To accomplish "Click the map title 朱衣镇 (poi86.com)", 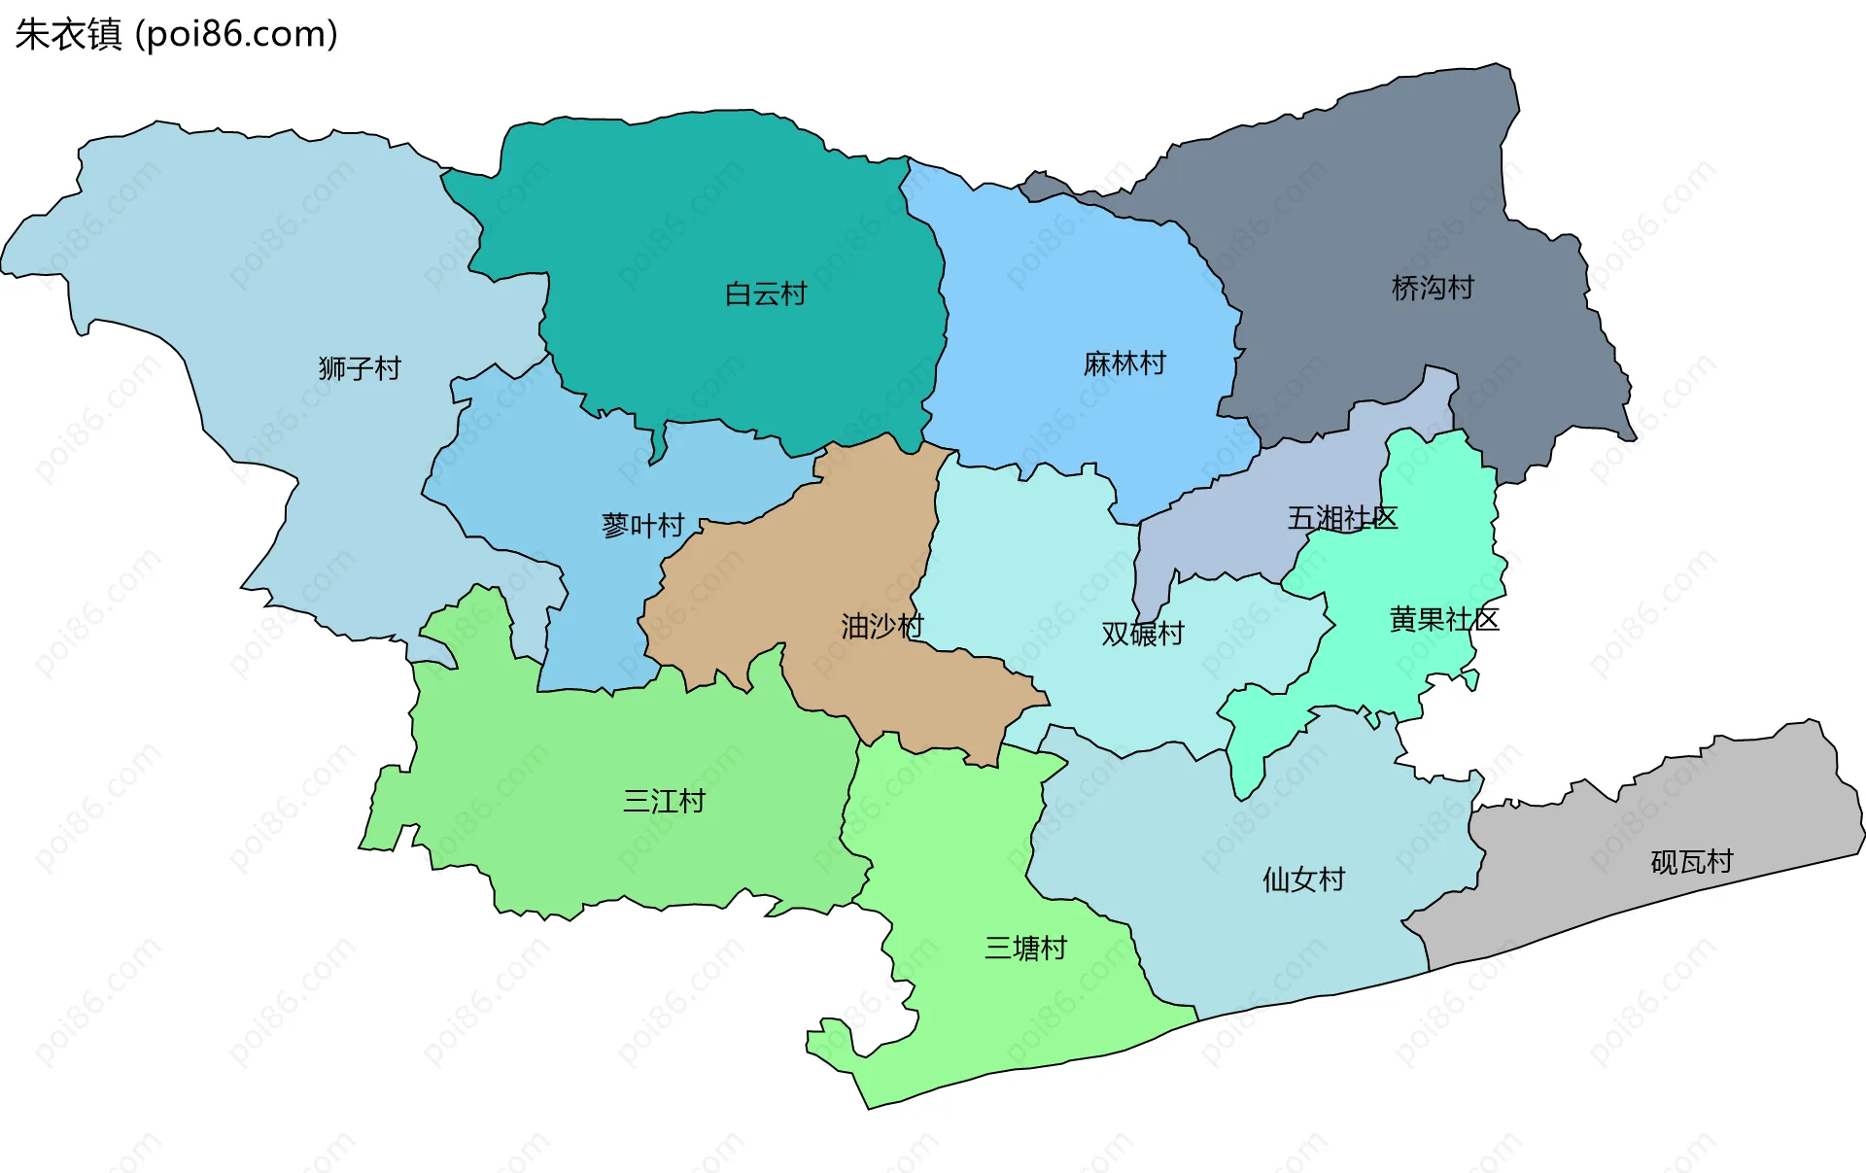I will (x=176, y=34).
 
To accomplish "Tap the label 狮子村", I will (x=360, y=368).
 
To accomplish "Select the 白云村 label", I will (x=766, y=293).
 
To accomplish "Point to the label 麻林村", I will (x=1124, y=363).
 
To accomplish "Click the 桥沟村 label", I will (x=1433, y=288).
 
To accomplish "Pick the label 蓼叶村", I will (x=643, y=526).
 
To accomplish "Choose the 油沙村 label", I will (x=882, y=627).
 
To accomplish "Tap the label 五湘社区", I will (x=1342, y=518).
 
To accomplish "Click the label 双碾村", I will (x=1143, y=634).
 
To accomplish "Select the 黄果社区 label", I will (x=1444, y=619).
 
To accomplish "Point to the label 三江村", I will (x=664, y=802).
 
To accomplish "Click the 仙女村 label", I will (x=1303, y=880).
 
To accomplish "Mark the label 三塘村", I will (x=1025, y=948).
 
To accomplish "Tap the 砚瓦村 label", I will (x=1691, y=862).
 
